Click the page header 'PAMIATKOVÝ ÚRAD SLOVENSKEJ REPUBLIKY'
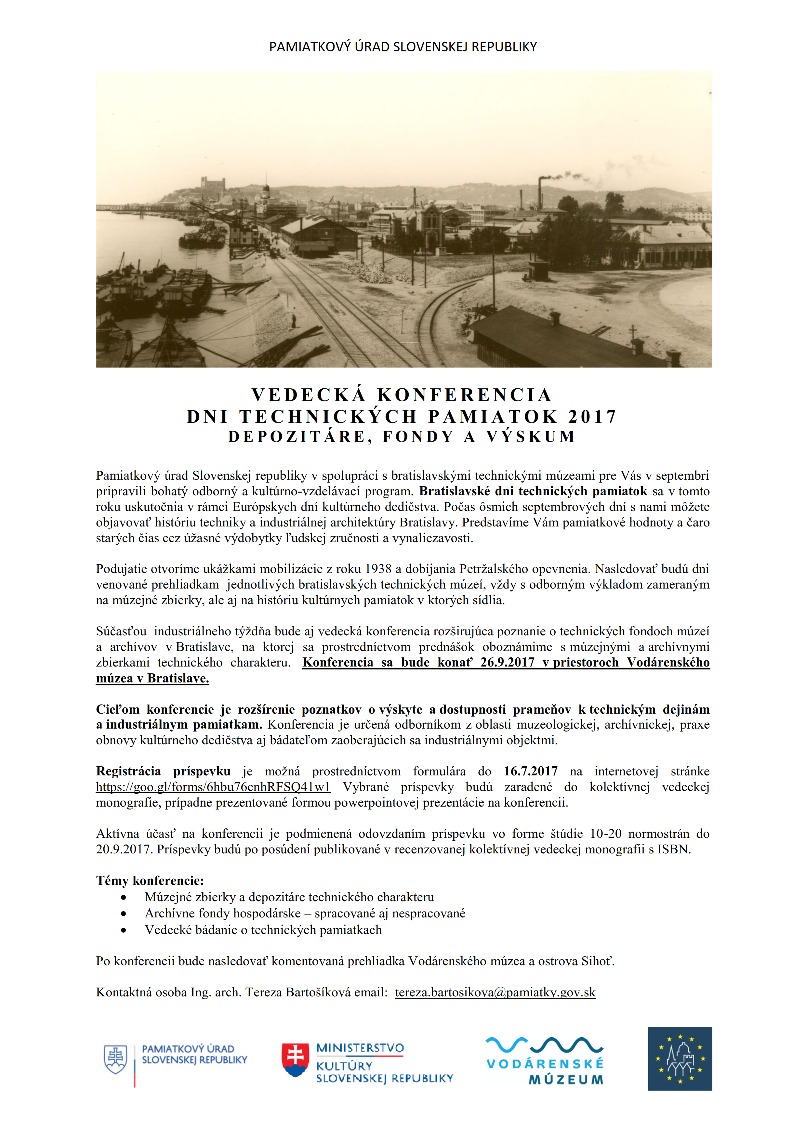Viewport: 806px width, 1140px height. (403, 47)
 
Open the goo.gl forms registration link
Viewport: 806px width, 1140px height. (213, 787)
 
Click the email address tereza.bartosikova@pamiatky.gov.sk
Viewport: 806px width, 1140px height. (495, 992)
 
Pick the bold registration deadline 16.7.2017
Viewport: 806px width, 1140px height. (530, 771)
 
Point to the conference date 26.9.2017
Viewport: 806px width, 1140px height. (507, 662)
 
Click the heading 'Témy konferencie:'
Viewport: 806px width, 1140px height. (150, 881)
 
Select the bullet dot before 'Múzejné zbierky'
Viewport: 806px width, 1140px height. (124, 898)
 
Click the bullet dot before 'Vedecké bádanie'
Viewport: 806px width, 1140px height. (124, 930)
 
